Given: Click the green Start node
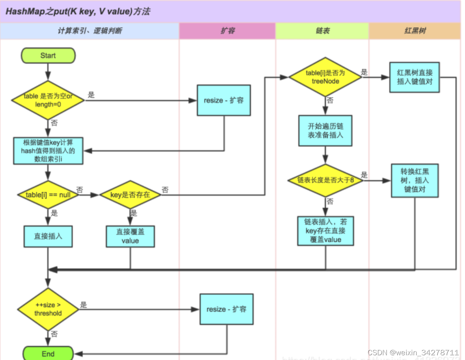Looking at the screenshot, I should tap(48, 56).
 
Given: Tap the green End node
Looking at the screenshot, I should tap(48, 353).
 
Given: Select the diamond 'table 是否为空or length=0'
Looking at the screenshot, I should tap(48, 100).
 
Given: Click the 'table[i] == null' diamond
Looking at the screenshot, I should tap(48, 195).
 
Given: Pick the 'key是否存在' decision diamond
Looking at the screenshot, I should tap(130, 195).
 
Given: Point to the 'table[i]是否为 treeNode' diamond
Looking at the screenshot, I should tap(325, 77).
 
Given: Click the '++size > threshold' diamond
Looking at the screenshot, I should tap(48, 309).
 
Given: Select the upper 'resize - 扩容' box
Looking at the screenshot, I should tap(224, 100).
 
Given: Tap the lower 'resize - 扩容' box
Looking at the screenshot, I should tap(226, 309).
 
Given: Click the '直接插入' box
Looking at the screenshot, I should tap(48, 236).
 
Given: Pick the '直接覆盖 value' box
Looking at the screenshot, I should tap(130, 236).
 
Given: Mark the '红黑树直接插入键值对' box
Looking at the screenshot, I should tap(414, 77).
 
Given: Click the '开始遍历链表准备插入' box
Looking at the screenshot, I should tap(325, 131).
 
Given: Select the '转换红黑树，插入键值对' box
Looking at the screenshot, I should tap(415, 181).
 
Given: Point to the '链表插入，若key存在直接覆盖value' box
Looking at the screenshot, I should tap(325, 231).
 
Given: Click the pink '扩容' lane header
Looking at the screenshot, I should tap(227, 31).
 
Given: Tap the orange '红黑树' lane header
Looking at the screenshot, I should tap(415, 31).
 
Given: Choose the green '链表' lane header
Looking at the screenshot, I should tap(322, 31).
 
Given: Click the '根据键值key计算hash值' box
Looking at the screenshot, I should tap(48, 150).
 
